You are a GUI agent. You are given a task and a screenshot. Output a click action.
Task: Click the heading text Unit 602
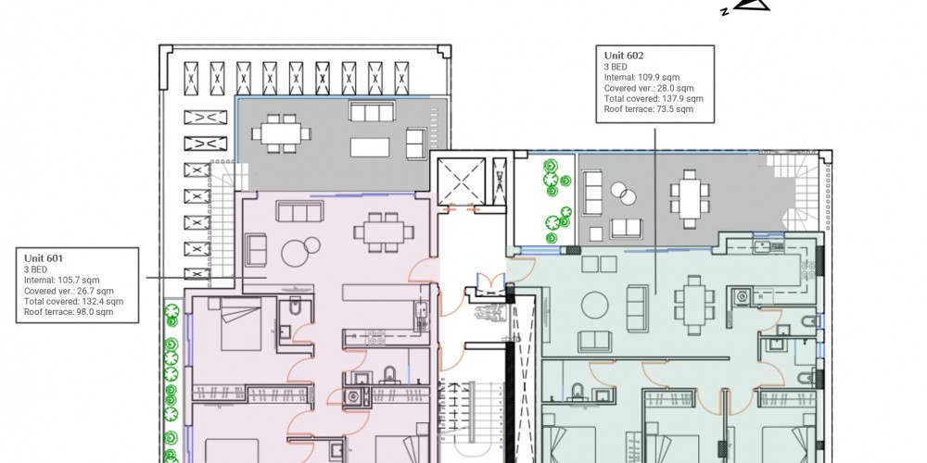pos(624,56)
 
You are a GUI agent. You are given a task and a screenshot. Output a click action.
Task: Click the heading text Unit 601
pos(44,258)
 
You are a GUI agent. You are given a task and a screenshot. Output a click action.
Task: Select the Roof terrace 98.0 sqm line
pos(69,312)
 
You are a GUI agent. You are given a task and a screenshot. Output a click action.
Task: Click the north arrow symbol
pos(751,5)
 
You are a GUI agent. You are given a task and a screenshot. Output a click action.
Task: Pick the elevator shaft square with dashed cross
pos(461,181)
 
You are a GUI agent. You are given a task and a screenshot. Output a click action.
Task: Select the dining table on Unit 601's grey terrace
pos(281,133)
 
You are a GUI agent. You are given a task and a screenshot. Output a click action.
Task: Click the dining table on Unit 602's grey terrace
pos(690,198)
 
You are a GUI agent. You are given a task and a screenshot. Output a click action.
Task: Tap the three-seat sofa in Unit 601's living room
pos(299,211)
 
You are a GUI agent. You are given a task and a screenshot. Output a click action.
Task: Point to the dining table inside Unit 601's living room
pos(384,232)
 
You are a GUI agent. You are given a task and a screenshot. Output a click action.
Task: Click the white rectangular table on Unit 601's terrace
pos(370,147)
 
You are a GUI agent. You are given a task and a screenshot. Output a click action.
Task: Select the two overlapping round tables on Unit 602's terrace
pos(623,194)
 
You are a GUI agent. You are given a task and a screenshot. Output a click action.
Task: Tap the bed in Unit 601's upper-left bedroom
pos(241,324)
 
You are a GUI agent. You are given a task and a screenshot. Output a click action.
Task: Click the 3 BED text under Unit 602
pos(616,67)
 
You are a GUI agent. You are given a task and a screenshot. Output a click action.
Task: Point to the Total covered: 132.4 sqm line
pos(74,301)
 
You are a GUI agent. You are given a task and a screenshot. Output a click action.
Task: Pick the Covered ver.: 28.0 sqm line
pos(649,88)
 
